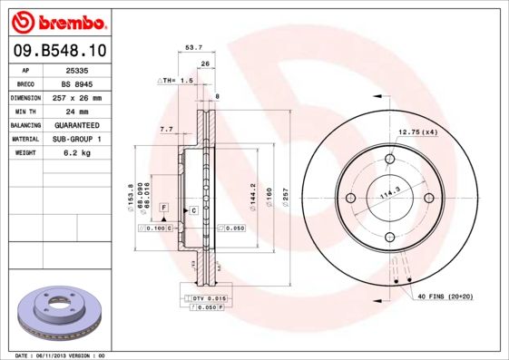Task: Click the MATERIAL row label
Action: (24, 139)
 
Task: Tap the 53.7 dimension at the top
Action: (192, 48)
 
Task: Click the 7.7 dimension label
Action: (166, 130)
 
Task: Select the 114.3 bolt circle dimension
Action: (389, 193)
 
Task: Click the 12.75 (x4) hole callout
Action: (418, 133)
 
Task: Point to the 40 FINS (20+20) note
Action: (445, 297)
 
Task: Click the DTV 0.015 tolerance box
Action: (208, 298)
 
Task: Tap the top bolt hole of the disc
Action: (390, 160)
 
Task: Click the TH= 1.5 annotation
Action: (176, 81)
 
